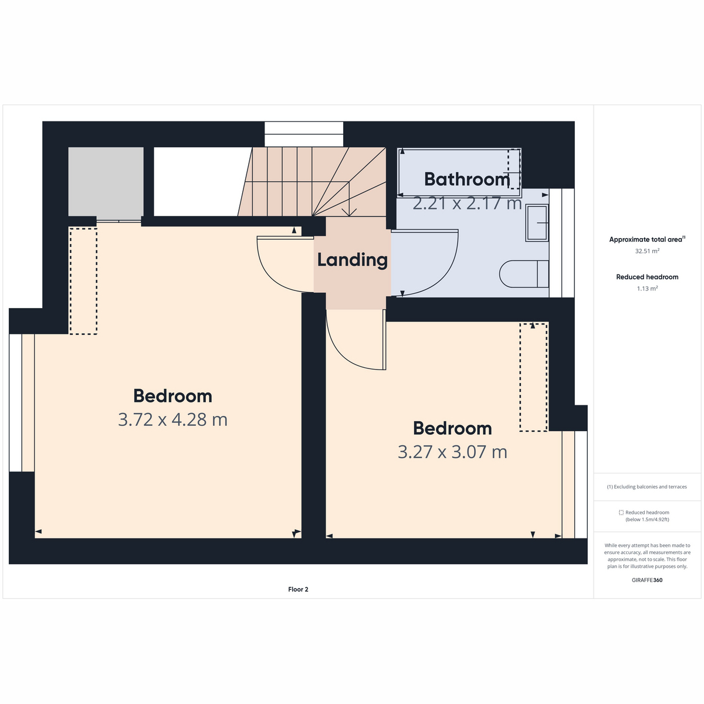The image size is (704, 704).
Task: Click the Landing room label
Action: [352, 260]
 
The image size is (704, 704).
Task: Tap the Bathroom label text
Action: [466, 179]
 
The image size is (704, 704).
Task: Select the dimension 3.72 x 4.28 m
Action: [172, 420]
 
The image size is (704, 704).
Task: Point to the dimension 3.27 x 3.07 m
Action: [452, 452]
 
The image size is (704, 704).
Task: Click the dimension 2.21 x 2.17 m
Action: [466, 204]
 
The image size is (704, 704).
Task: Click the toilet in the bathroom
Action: [523, 274]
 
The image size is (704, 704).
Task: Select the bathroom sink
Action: [537, 223]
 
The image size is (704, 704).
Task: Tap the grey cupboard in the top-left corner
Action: [106, 182]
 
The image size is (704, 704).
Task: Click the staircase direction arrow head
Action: [349, 212]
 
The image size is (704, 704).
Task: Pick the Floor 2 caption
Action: [298, 590]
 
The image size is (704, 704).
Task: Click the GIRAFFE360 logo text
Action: [647, 580]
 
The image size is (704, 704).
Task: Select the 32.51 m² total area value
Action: [647, 251]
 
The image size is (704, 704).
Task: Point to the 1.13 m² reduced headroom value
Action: [647, 289]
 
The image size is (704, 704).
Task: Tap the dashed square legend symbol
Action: [621, 513]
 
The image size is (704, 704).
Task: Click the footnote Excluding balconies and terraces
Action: [647, 487]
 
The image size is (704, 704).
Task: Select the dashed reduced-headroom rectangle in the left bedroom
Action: [83, 281]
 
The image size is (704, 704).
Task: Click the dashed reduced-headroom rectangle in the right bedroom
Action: [533, 377]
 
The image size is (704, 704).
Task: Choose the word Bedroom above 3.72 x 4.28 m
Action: [172, 396]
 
